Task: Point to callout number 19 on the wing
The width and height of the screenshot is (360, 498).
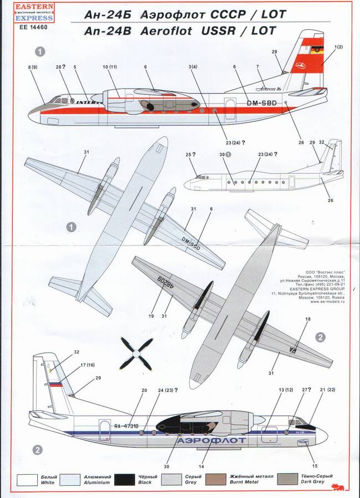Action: tap(150, 317)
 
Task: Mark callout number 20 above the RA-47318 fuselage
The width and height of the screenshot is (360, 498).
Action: tap(143, 391)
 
